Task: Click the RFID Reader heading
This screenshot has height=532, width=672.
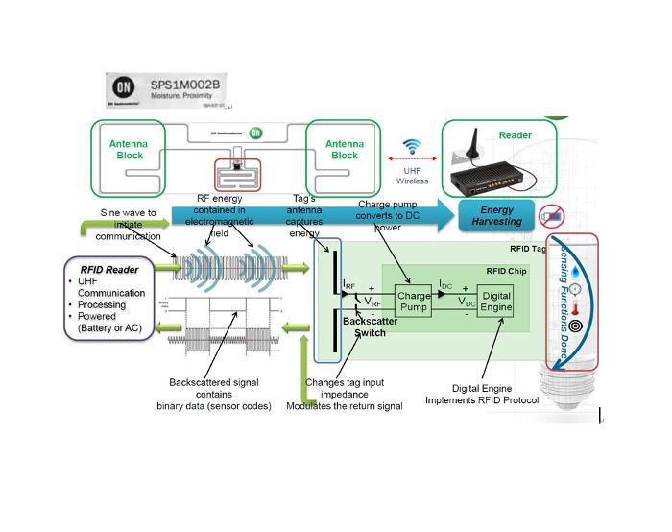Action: coord(102,267)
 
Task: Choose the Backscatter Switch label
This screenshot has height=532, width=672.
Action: coord(363,326)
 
